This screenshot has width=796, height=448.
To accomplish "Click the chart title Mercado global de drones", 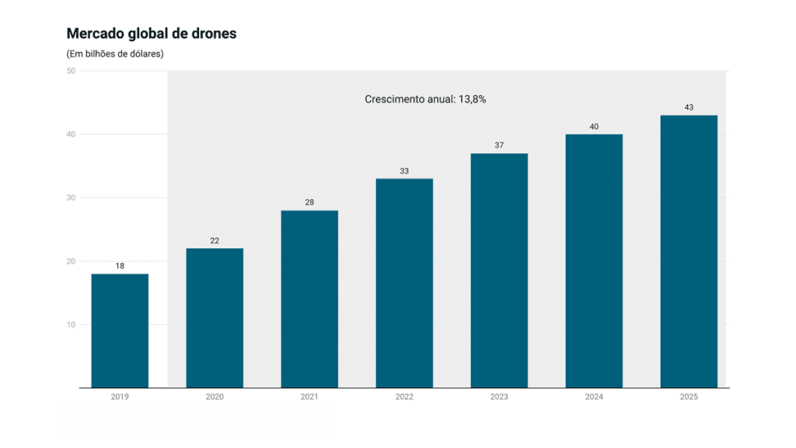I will coord(152,33).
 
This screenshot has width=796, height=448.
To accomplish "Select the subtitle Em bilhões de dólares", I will coord(115,54).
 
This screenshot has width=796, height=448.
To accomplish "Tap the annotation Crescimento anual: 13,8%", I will coord(425,99).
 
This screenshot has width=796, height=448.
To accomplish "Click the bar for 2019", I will coord(120,331).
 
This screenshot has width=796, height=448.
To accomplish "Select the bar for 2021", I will coord(309,299).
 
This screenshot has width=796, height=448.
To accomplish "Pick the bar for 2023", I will coord(499,270).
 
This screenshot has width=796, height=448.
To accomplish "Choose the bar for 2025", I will coord(689,251).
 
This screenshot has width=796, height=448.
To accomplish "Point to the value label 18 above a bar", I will coord(120,266).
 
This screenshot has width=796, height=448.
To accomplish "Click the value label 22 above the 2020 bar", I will coord(215,240).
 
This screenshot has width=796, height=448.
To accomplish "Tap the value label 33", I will coord(404,171).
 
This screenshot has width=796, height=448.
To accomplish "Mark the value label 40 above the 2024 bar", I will coord(594,126).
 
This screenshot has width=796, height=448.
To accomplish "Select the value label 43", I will coord(689,107).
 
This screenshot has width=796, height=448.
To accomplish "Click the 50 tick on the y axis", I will coord(71,71).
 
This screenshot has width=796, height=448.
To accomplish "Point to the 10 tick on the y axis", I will coord(71,324).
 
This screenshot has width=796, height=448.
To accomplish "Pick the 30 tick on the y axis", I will coord(71,198).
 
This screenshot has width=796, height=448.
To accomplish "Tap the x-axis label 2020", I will coord(215,397).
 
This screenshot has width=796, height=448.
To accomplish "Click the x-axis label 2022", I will coord(404,397).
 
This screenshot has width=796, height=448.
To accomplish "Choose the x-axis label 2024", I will coord(594,397).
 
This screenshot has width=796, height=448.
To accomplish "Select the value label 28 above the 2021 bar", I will coord(309,202).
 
